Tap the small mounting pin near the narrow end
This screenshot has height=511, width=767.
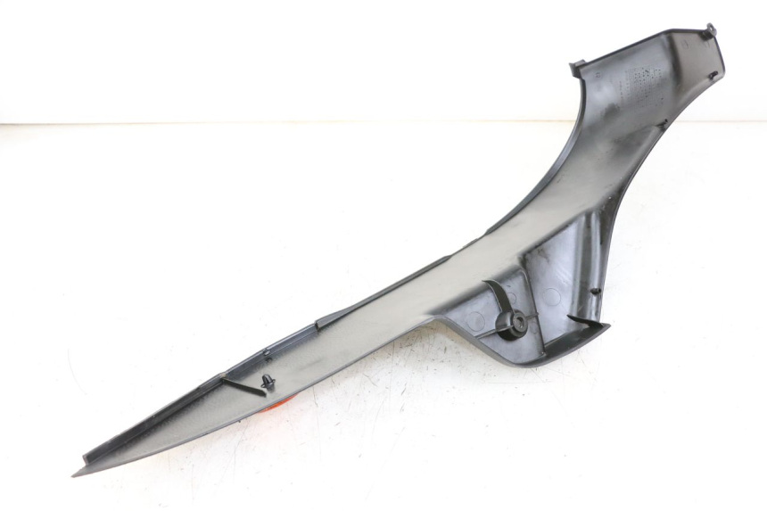tap(268, 383)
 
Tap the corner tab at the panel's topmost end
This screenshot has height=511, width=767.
tap(710, 31)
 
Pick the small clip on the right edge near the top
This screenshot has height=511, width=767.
tap(713, 75)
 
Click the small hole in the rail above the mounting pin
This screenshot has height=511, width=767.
tap(266, 354)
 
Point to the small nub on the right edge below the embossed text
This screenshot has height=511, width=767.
tap(664, 122)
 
